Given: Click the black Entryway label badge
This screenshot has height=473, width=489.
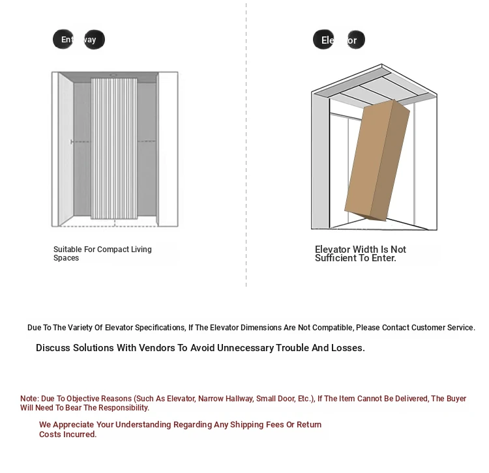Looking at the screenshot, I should coord(78,40).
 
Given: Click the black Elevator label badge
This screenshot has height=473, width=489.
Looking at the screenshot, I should coord(339,40).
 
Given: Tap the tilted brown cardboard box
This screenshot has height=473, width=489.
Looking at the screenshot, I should coord(377,160).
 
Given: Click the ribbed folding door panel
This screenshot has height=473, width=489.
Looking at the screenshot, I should coord(113,149).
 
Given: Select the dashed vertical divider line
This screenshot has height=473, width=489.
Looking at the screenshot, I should coord(246,143).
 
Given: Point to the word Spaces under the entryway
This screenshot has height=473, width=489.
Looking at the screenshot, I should coord(66,258).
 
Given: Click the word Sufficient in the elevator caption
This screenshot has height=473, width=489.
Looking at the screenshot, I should coord(340,258).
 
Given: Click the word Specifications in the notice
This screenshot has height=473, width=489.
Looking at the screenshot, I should coord(157,328).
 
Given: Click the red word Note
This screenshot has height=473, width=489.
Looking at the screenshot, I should coord(29,399).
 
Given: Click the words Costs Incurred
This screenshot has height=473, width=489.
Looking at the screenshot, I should coord(68,435).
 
